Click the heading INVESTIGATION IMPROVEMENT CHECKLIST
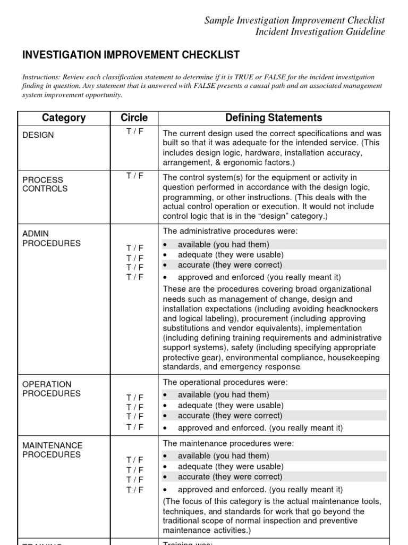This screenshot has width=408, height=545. [131, 55]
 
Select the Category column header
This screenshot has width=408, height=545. [63, 118]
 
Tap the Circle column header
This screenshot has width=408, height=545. [134, 118]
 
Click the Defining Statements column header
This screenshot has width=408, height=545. [274, 118]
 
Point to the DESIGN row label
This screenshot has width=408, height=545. [38, 135]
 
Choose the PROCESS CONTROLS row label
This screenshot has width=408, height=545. [45, 184]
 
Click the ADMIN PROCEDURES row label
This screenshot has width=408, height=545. [52, 238]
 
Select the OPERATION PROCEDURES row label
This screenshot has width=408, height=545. [52, 389]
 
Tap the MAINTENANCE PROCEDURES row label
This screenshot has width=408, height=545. [53, 450]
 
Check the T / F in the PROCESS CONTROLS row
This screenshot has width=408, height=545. [134, 177]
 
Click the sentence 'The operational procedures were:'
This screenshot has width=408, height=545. [225, 382]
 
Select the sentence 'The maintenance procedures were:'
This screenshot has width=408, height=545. [228, 443]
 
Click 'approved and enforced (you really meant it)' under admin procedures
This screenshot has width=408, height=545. [259, 277]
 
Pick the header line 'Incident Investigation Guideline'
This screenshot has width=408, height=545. [320, 32]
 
